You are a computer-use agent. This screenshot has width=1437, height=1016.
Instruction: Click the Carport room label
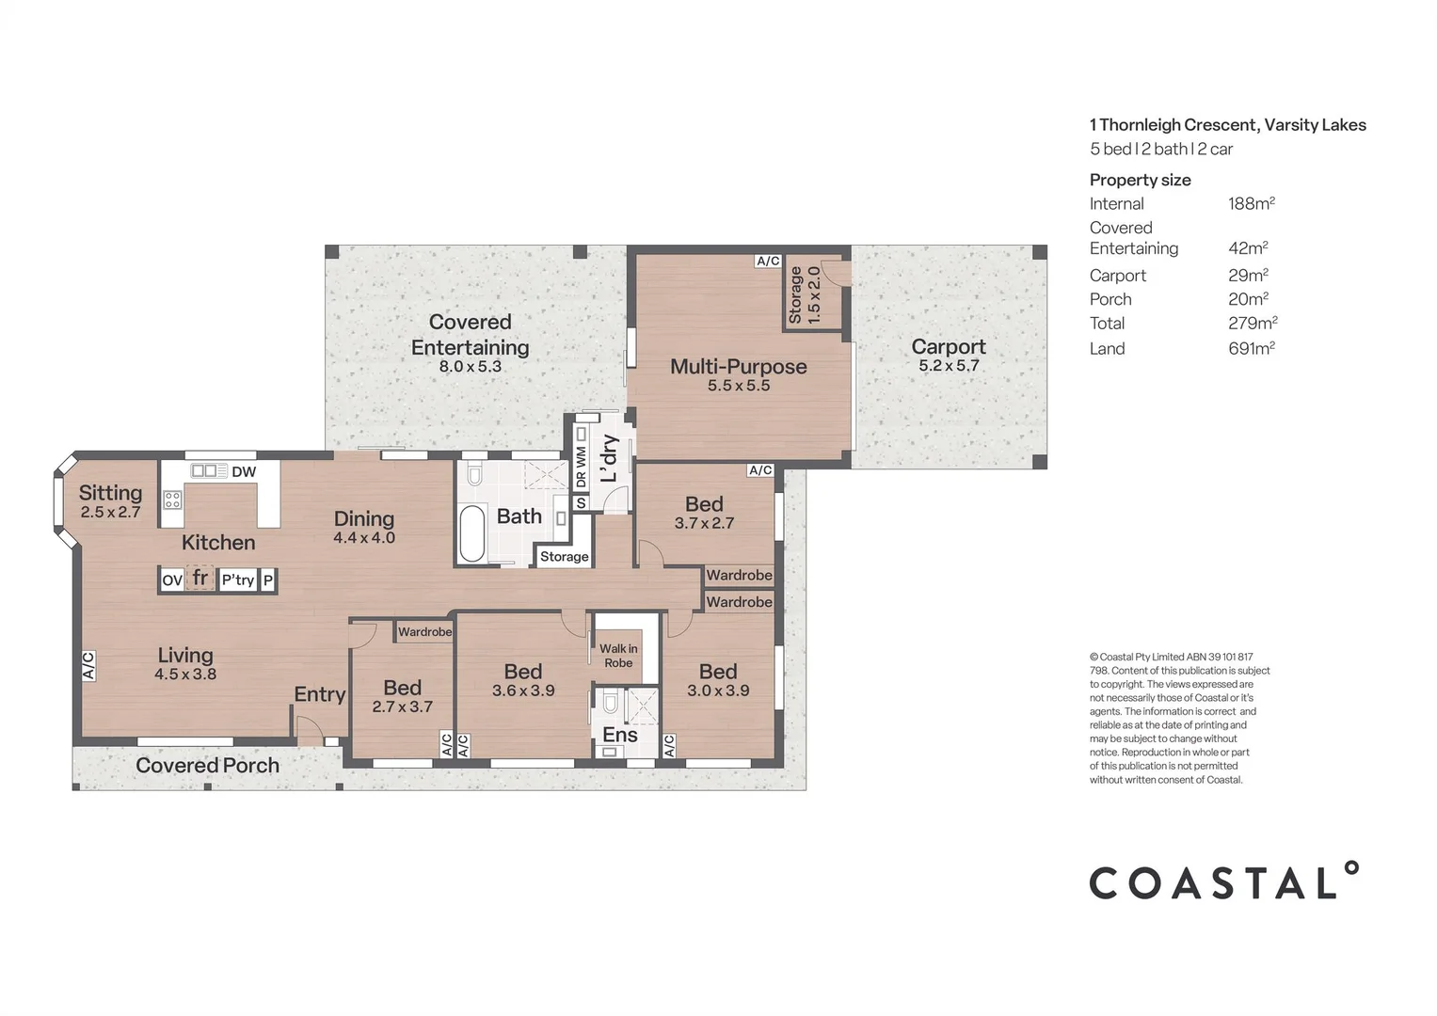coord(948,346)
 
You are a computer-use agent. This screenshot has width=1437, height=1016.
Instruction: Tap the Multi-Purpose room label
coord(738,366)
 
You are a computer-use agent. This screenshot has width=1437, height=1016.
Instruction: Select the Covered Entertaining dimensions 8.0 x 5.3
coord(470,367)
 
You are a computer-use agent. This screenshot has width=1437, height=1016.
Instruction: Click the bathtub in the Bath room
coord(472,533)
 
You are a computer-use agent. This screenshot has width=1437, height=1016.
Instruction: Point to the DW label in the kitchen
coord(244,472)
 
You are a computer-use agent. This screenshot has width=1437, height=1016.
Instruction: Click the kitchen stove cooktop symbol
coord(172,499)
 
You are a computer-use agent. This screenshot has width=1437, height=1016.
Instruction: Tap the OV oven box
coord(171,580)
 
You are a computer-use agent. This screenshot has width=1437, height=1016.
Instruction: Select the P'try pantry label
coord(238,580)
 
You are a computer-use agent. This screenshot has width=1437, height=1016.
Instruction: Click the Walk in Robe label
coord(618,656)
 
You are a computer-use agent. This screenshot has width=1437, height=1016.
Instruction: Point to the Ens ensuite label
coord(620,735)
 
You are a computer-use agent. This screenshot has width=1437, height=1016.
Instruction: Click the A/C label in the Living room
coord(88,666)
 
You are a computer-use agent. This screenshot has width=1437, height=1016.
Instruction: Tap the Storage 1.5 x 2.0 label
coord(805,294)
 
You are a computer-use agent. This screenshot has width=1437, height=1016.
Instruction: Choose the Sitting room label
coord(110,493)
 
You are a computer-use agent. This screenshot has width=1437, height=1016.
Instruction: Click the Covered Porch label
coord(207,766)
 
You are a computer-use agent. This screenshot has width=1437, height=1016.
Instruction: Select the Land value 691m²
coord(1251,348)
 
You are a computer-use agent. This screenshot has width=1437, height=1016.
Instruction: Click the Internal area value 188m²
coord(1251,203)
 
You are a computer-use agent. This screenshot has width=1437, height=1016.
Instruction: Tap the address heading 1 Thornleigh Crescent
coord(1227,125)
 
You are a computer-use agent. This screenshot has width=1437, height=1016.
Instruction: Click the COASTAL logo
coord(1223,881)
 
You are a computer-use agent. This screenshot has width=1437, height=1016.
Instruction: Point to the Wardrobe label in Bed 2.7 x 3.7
coord(424,632)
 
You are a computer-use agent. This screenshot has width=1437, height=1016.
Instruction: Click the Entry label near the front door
coord(319,694)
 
